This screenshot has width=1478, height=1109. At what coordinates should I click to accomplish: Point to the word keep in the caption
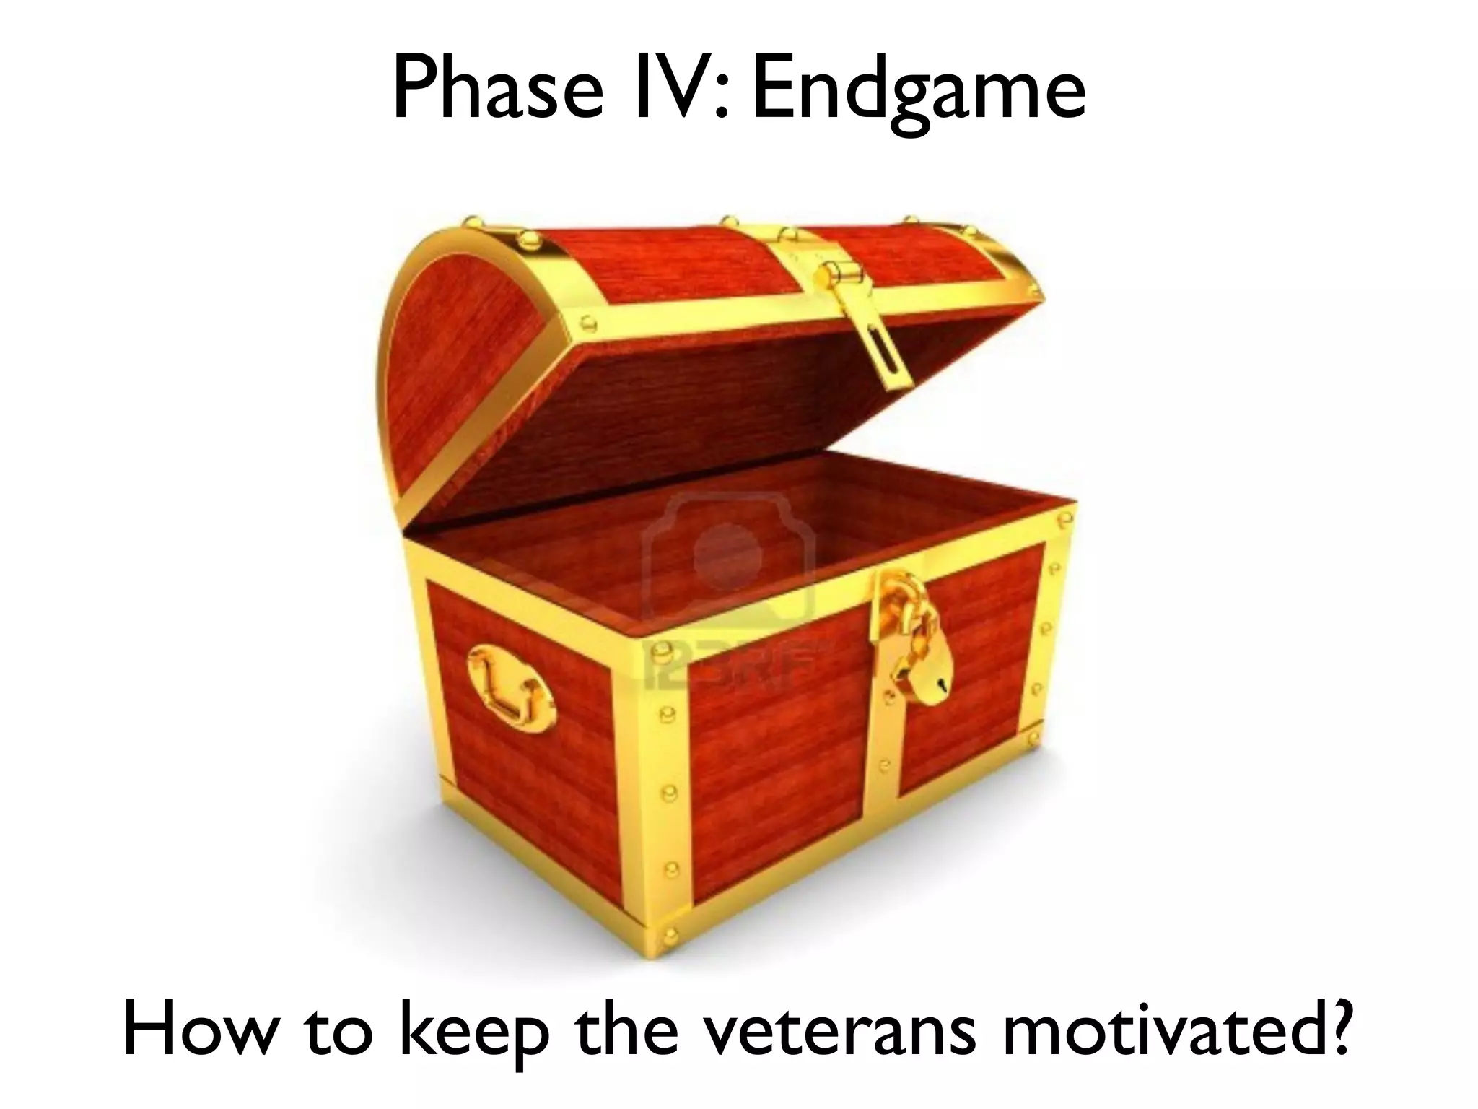coord(476,1032)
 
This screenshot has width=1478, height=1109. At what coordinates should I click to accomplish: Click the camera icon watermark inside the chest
coord(729,556)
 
